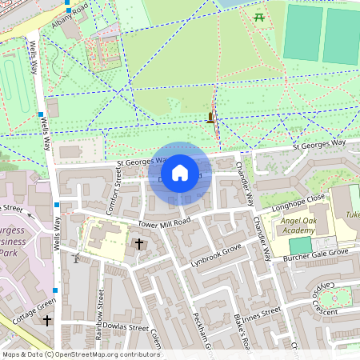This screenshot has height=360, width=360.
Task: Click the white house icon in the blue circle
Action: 180,173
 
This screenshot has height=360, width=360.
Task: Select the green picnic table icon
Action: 258,17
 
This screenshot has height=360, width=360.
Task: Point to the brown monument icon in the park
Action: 210,118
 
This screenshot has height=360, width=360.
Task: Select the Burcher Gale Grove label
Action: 310,254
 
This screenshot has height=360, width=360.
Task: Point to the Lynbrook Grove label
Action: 216,255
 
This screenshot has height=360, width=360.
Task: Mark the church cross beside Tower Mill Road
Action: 138,242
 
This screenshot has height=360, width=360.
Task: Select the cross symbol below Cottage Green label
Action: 46,321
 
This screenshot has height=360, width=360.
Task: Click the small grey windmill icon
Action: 76,258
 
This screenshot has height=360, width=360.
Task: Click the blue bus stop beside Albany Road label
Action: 69,10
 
